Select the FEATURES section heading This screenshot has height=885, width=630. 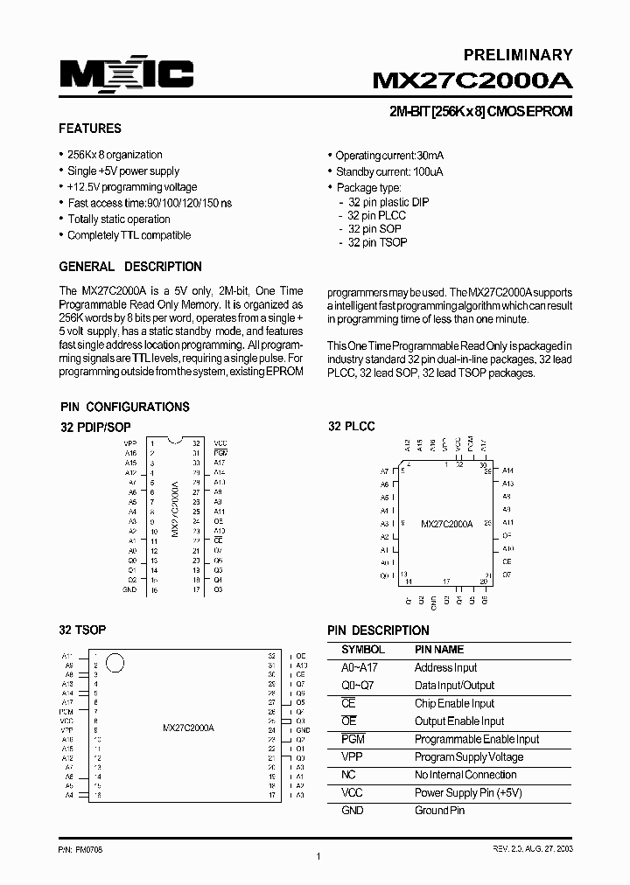89,129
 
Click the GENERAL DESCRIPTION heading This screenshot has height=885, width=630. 129,267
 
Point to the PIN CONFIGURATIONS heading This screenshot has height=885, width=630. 124,407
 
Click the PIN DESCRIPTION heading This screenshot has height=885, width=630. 378,630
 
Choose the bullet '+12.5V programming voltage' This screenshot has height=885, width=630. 132,187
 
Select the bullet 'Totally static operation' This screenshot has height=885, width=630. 118,220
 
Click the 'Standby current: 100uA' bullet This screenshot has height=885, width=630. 389,172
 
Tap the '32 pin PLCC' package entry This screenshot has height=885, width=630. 376,215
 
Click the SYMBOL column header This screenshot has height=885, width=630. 362,650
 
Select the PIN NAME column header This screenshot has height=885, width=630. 438,650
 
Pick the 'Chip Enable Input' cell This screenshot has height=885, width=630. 454,703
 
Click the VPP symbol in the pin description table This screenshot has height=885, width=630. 352,757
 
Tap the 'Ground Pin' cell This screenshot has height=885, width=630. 438,811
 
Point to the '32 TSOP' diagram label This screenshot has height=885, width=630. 82,630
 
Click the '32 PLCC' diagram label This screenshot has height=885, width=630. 351,426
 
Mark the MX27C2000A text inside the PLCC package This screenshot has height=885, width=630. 446,524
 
